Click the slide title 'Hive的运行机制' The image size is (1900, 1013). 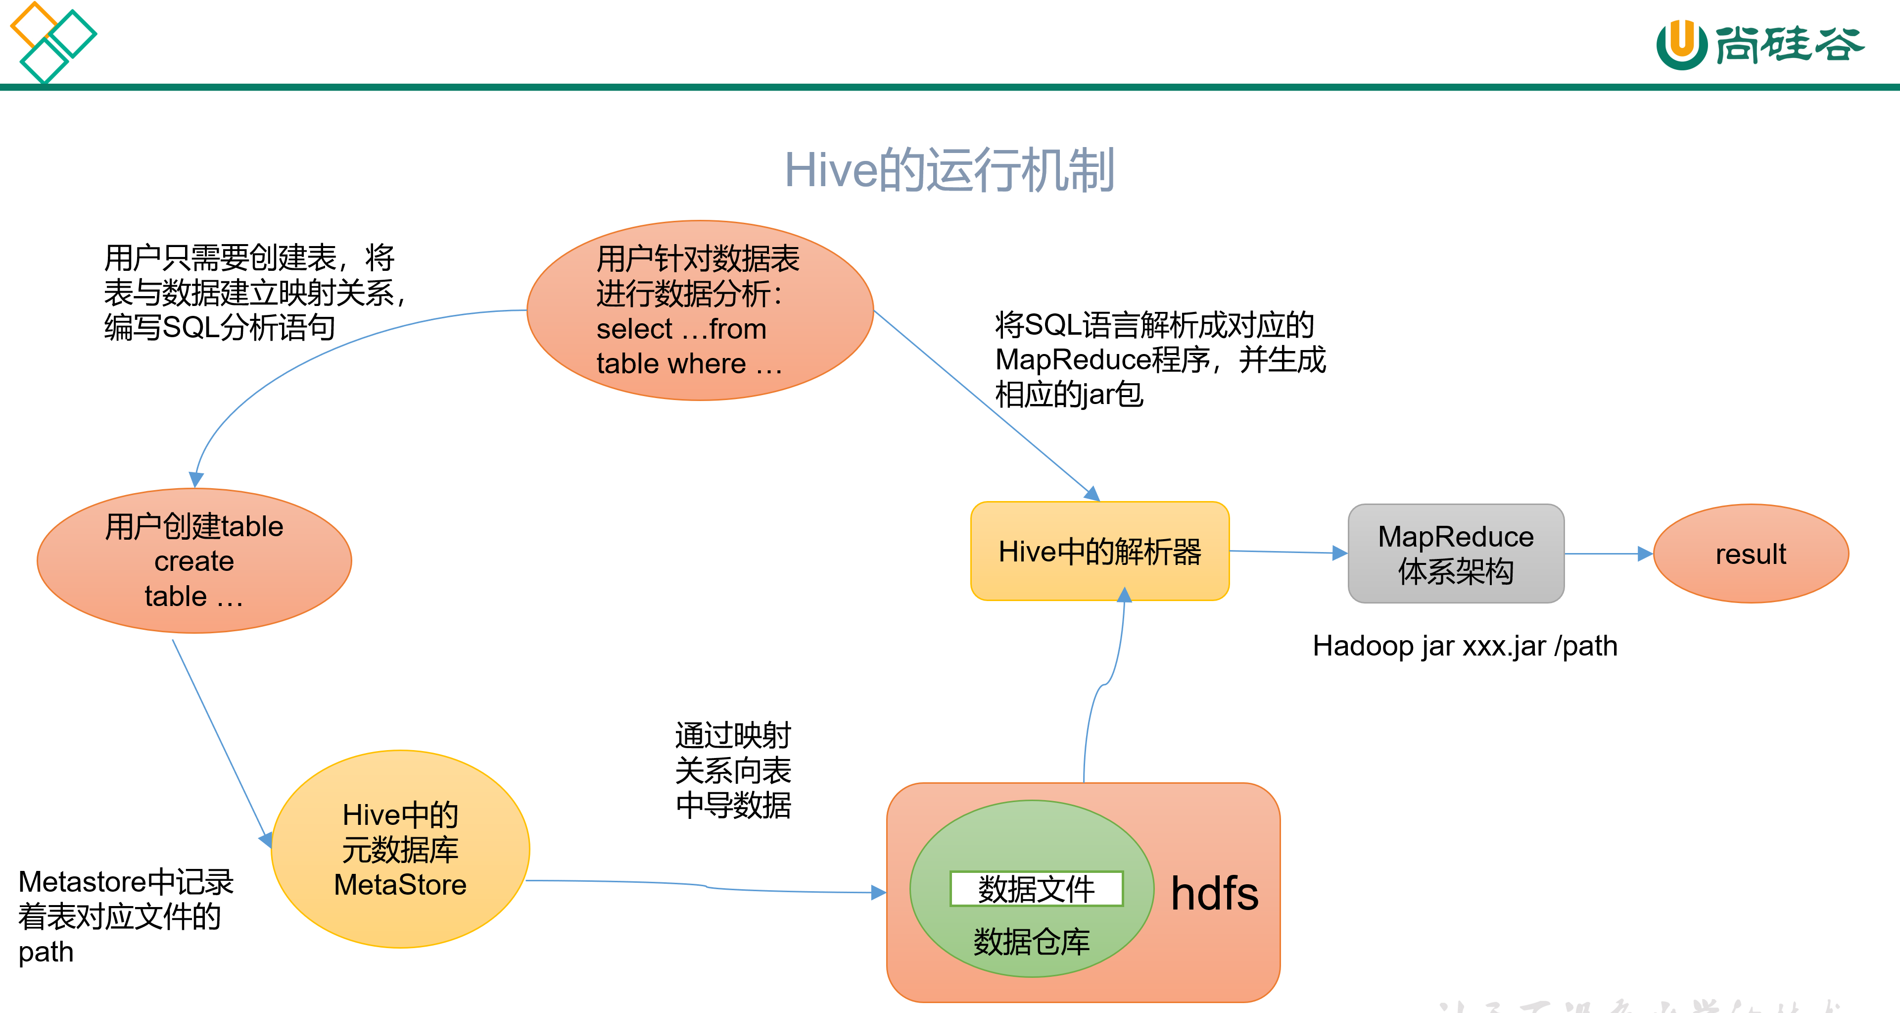950,170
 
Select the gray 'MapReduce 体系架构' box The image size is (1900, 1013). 1455,554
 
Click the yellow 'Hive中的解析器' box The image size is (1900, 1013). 1099,551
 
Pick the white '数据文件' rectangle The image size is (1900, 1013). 1036,888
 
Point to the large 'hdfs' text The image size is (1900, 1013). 1214,894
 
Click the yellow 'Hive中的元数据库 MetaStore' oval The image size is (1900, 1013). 400,849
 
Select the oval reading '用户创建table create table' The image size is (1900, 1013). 194,561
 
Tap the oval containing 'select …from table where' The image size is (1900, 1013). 699,310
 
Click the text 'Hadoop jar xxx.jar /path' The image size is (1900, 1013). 1464,646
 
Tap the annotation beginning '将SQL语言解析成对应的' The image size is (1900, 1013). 1159,359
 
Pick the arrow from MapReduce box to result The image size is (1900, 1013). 1608,554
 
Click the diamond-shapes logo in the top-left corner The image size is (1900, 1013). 51,43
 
